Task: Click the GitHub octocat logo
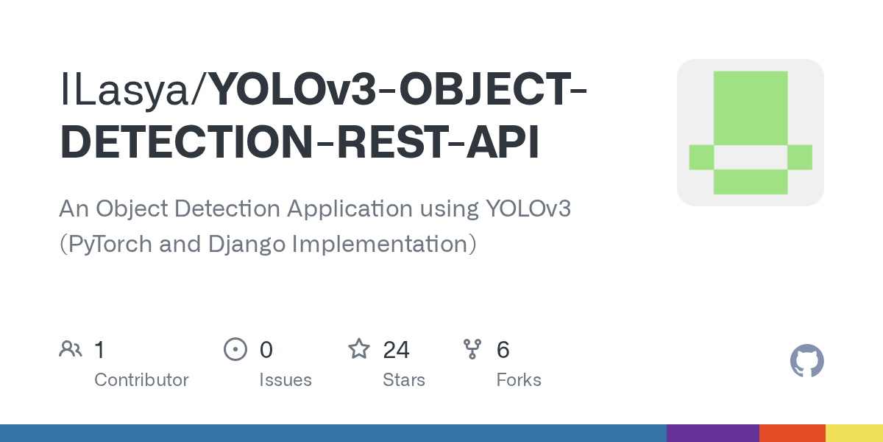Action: click(806, 361)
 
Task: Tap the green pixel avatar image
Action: click(750, 133)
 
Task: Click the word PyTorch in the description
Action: click(115, 244)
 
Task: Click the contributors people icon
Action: click(71, 349)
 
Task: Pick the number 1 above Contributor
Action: click(99, 349)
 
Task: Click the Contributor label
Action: click(141, 380)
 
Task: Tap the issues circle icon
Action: click(235, 349)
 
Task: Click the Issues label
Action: click(285, 380)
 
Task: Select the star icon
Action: click(358, 349)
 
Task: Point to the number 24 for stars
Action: click(396, 349)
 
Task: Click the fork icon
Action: click(472, 349)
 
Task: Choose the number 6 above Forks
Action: click(503, 349)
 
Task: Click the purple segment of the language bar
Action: click(712, 433)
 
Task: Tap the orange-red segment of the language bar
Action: click(792, 433)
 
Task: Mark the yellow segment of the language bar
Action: click(854, 433)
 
